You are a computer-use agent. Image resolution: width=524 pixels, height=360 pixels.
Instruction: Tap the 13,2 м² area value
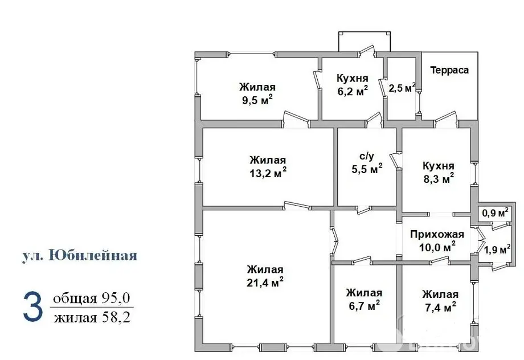tap(268, 173)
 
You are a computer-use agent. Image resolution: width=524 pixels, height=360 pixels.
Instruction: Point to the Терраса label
tap(449, 70)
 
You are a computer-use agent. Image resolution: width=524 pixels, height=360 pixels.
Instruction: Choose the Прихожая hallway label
tap(437, 234)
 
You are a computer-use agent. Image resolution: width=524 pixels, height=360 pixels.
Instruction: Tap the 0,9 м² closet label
tap(495, 213)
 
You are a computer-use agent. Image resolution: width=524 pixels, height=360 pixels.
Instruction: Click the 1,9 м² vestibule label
tap(497, 248)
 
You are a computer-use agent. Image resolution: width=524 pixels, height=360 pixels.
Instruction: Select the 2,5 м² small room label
tap(402, 88)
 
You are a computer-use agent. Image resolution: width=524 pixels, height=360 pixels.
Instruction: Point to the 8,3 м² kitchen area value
tap(438, 178)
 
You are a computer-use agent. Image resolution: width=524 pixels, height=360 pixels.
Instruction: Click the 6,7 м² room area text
tap(364, 306)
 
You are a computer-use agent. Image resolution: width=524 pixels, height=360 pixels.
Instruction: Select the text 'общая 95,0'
tap(92, 299)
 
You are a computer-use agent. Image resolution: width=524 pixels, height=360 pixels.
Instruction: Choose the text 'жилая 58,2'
tap(92, 317)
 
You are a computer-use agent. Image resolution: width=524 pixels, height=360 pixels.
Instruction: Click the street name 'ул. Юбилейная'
tap(79, 255)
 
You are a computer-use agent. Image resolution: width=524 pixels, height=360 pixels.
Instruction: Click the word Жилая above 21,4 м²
tap(265, 269)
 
